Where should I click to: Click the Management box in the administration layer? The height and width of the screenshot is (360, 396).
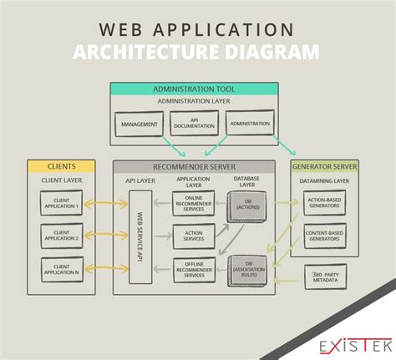tap(139, 124)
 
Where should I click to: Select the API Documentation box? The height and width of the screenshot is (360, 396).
tap(194, 123)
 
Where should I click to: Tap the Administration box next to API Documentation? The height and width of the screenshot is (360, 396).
tap(250, 123)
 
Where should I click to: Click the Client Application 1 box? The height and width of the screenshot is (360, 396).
tap(61, 203)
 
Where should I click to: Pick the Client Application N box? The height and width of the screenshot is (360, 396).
tap(62, 270)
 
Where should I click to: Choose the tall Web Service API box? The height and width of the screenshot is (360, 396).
tap(140, 237)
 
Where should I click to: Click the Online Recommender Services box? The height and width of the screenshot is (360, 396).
tap(194, 203)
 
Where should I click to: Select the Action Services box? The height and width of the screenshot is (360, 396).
tap(194, 236)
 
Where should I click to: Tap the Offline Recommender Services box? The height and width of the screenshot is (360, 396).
tap(195, 270)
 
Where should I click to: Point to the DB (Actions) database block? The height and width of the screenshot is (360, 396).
tap(246, 206)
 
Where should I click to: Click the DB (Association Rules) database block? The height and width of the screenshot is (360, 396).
tap(247, 271)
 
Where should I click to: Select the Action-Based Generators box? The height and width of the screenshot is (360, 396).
tap(324, 203)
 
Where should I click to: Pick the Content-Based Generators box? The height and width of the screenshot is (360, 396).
tap(325, 236)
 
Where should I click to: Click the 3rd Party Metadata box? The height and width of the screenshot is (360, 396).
tap(325, 276)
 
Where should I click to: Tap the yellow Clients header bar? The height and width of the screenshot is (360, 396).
tap(61, 166)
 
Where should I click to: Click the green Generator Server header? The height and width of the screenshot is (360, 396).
tap(324, 166)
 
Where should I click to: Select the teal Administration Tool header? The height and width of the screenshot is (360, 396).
tap(194, 89)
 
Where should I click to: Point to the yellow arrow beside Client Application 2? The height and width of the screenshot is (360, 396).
tap(106, 236)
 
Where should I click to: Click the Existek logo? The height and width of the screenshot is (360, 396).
tap(356, 346)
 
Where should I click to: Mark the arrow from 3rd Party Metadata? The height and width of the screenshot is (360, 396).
tap(286, 281)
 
